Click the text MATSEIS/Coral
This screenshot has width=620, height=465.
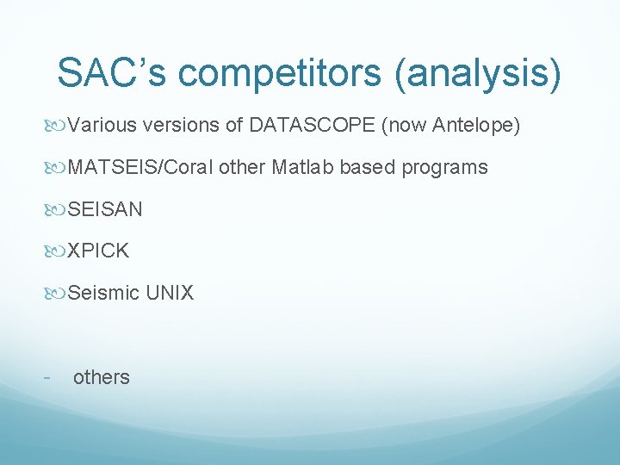point(140,167)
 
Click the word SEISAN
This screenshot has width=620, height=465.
point(105,209)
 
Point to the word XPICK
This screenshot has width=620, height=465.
point(98,251)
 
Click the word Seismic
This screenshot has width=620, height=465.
point(103,293)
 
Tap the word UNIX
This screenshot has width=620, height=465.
point(170,293)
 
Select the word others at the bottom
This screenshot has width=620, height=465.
point(102,377)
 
